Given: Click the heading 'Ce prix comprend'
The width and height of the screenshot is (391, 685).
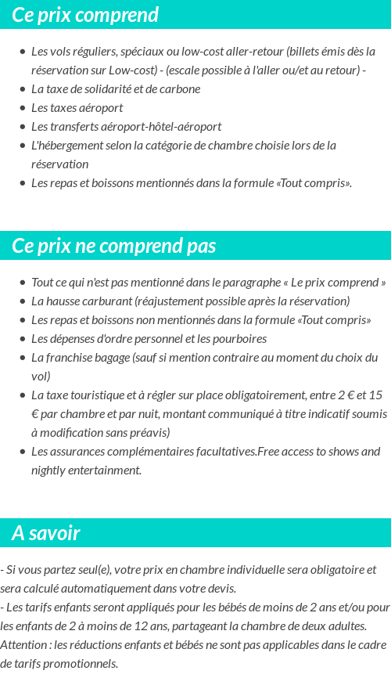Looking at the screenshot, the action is (x=85, y=15).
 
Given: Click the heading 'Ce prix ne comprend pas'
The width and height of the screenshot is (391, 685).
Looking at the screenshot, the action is (x=113, y=246).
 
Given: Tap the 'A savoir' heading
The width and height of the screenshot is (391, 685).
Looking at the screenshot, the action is (x=46, y=533).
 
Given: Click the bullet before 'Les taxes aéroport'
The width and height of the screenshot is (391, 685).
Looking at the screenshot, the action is (x=23, y=108).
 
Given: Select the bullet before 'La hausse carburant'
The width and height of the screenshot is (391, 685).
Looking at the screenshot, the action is (x=23, y=301).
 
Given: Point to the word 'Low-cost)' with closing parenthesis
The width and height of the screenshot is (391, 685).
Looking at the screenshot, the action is (x=132, y=70).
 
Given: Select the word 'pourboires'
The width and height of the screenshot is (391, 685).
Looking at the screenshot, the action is (x=239, y=339).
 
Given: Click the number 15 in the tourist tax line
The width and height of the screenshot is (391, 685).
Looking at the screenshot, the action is (x=375, y=395).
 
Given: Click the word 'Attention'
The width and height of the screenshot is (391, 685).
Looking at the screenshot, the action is (x=23, y=644).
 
